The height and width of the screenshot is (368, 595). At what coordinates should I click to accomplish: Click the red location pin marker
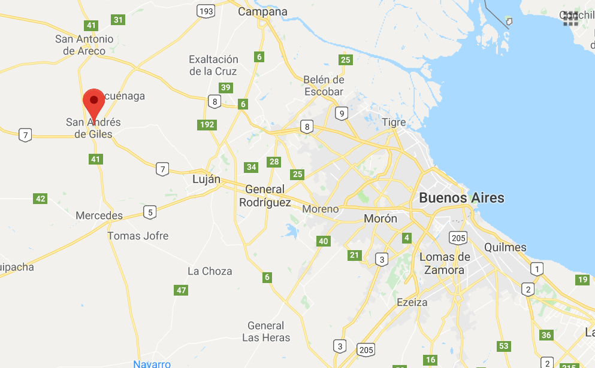point(93,102)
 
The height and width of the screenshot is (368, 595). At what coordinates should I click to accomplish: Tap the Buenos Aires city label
point(461,197)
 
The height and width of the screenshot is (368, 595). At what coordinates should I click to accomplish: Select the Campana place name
point(262,11)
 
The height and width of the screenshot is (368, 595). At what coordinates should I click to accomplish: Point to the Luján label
point(206,180)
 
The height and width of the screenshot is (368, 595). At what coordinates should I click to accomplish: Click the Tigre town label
point(394,123)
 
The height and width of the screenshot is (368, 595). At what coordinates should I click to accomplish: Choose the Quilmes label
point(505,247)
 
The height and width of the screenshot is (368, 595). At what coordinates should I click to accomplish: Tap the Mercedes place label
point(99,215)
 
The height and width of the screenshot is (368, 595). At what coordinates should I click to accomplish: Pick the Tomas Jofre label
point(138,236)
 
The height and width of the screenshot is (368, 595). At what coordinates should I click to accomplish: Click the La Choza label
point(210,271)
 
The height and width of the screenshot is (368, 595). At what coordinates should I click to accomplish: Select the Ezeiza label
point(412,302)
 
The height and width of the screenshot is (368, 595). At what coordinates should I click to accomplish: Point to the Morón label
point(380,219)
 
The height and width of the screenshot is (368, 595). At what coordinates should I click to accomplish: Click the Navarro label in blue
point(152,364)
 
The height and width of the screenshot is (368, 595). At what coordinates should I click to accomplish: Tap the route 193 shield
point(207,11)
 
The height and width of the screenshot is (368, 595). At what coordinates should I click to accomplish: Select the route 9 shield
point(342,113)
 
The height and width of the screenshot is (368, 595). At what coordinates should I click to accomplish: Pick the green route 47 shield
point(182,290)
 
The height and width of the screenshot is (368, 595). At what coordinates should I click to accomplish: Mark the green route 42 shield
point(40,199)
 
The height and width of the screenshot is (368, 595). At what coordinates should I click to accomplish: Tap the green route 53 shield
point(504,346)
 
